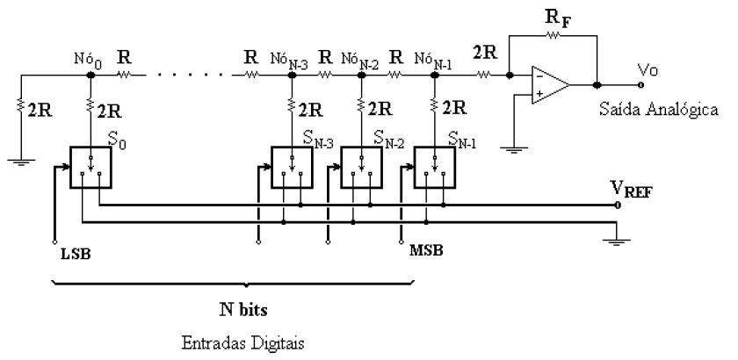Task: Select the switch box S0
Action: [x=90, y=169]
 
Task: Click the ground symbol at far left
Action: [x=19, y=160]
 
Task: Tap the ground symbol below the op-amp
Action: [x=510, y=146]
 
